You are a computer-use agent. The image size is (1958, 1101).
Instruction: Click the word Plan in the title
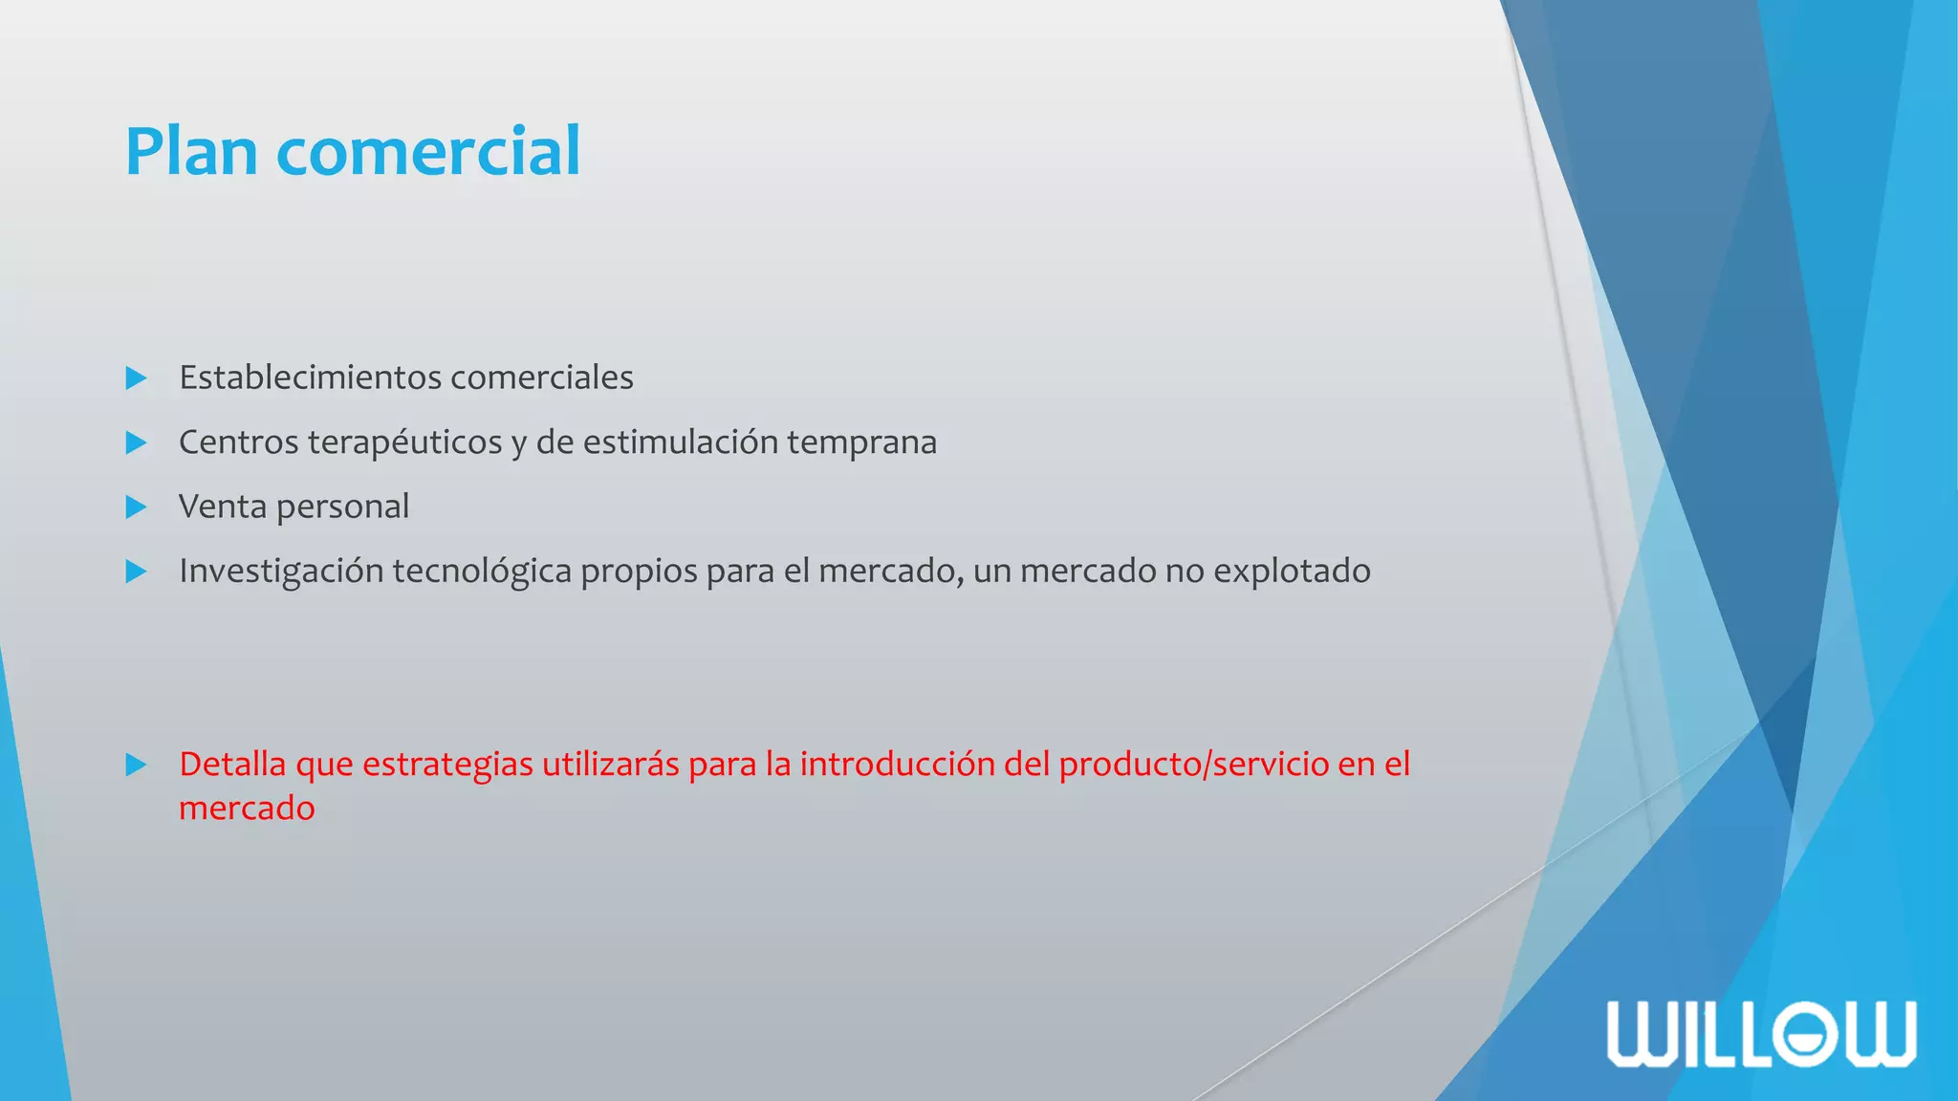[191, 152]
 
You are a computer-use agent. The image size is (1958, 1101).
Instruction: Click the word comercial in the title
[428, 152]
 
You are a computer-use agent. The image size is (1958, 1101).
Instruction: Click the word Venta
[222, 507]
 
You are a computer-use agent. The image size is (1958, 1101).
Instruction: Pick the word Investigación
[280, 572]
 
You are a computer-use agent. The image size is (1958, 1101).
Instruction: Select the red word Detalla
[232, 765]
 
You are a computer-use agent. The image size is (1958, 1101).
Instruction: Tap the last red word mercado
[247, 809]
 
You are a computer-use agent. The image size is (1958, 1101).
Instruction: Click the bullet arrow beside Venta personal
[136, 507]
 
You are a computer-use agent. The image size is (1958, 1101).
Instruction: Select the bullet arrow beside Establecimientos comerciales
[136, 378]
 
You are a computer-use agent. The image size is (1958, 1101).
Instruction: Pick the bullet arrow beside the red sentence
[136, 765]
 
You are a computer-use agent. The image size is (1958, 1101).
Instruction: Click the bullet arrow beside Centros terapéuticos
[136, 443]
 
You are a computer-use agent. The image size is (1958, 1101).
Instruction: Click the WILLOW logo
[1761, 1033]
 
